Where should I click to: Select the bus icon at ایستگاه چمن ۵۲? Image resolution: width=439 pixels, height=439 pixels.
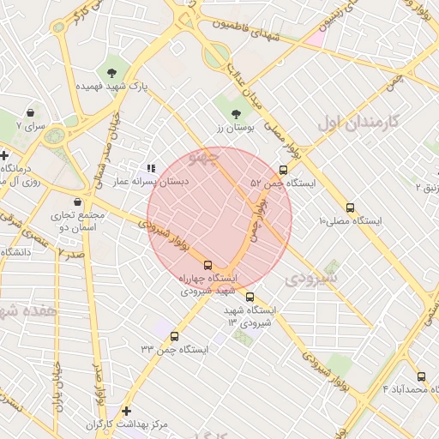[x=284, y=170]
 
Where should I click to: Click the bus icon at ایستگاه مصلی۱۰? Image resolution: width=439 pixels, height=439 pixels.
[x=350, y=207]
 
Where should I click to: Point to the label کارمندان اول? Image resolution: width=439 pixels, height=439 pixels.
[x=358, y=122]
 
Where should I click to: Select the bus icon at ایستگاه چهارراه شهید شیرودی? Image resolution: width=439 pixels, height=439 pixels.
[x=207, y=265]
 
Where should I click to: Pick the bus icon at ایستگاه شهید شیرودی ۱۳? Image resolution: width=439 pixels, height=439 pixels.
[x=250, y=298]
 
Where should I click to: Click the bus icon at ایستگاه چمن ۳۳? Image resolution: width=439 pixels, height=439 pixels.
[x=175, y=336]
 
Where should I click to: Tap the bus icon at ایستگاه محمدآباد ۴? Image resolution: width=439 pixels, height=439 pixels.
[x=420, y=376]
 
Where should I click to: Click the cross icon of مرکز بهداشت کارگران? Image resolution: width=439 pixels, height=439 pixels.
[x=127, y=412]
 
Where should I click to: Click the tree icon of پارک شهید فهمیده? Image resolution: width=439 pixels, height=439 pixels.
[x=112, y=70]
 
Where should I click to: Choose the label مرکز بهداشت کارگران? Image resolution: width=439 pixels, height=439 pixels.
[x=127, y=425]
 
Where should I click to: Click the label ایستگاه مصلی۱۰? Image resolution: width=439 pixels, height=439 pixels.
[x=350, y=221]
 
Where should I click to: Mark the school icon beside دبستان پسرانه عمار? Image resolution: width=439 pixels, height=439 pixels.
[x=151, y=169]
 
